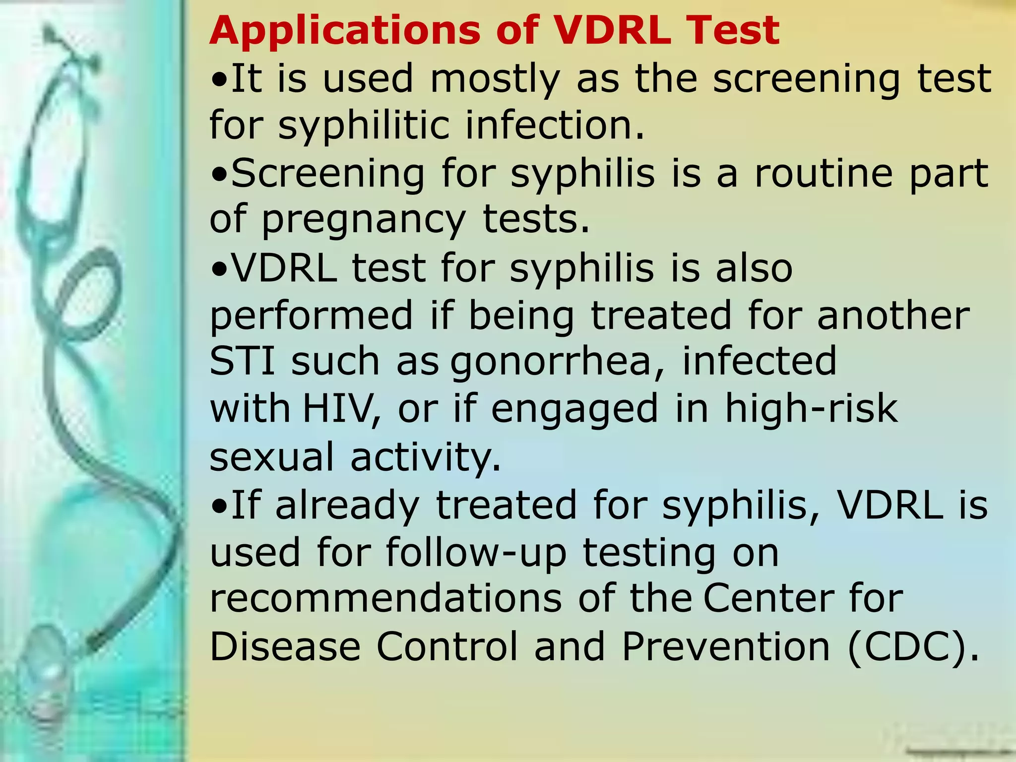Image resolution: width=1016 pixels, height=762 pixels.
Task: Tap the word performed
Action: coord(312,316)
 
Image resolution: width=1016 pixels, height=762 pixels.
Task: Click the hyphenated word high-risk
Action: coord(811,409)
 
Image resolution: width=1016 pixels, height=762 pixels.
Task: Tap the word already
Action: coord(347,505)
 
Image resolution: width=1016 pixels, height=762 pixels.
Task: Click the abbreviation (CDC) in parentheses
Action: coord(913,647)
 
